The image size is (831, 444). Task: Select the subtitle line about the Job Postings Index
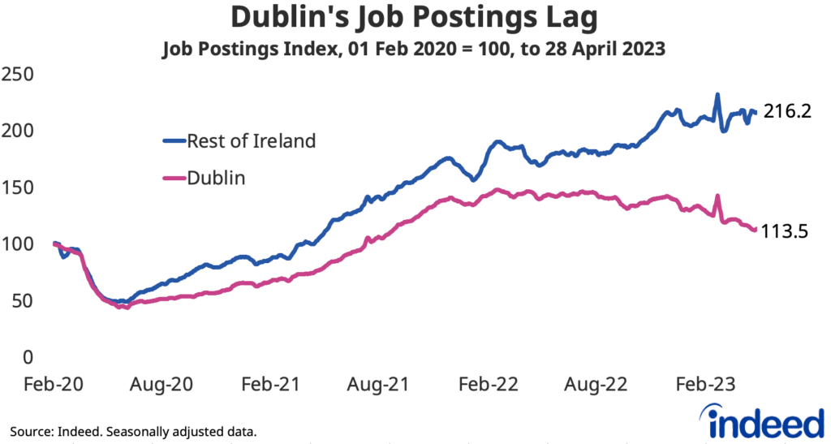[x=415, y=49]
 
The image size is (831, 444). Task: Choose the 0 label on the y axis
[x=28, y=357]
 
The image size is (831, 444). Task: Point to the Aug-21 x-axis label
[x=381, y=384]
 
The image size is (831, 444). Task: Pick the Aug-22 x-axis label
[x=599, y=384]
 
